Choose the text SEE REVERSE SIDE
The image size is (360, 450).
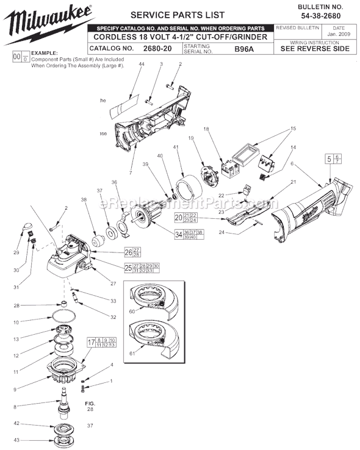click(315, 49)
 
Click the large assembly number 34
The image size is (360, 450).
click(179, 234)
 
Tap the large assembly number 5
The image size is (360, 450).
click(329, 160)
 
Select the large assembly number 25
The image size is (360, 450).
click(128, 267)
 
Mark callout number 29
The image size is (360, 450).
click(17, 252)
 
